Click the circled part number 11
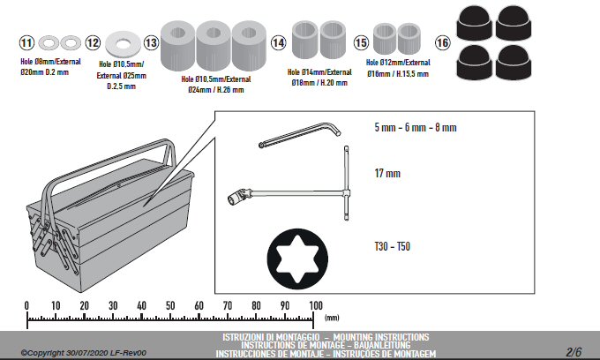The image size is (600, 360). pyautogui.click(x=26, y=42)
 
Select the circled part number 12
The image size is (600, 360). pyautogui.click(x=93, y=42)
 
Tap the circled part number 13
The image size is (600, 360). pyautogui.click(x=151, y=42)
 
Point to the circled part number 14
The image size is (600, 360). pyautogui.click(x=278, y=42)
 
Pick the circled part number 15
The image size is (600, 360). pyautogui.click(x=361, y=42)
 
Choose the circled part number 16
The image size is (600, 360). pyautogui.click(x=442, y=42)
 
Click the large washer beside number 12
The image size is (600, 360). pyautogui.click(x=123, y=44)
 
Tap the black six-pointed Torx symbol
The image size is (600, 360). pyautogui.click(x=297, y=259)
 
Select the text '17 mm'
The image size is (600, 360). pyautogui.click(x=387, y=173)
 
